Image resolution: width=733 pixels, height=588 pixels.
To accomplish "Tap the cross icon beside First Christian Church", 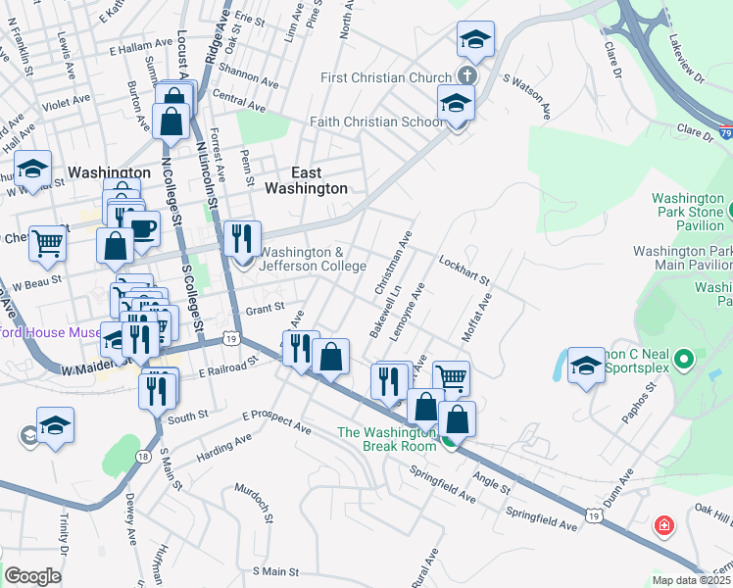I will [467, 76].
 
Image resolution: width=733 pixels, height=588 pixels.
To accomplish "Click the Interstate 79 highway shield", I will [725, 130].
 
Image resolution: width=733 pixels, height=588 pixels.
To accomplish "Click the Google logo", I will [33, 575].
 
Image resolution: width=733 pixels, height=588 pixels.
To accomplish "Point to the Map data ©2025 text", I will [691, 580].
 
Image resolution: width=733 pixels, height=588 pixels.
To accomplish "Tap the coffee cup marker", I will [144, 228].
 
